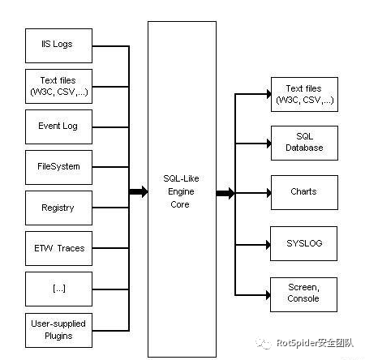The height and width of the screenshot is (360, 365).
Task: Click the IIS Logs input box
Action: coord(58,45)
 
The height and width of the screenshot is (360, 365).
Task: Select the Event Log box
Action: coord(58,126)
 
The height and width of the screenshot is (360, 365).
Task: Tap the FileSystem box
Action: coord(58,167)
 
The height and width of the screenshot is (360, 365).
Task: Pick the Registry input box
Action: coord(58,208)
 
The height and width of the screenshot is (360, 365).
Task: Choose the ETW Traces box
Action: coord(58,248)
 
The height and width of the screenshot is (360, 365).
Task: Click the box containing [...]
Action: coord(58,289)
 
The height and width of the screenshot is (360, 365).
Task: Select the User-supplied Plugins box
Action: coord(58,330)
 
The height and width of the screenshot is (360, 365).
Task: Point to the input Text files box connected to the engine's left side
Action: coord(58,86)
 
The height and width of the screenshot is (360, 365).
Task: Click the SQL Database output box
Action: coord(304,143)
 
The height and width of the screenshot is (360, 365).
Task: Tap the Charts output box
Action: coord(304,192)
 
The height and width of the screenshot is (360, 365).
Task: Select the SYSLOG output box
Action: coord(303,243)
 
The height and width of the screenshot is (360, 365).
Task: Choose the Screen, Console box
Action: coord(303,294)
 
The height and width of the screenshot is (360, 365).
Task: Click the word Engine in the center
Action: coord(181,191)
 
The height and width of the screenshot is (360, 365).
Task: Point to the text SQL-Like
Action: coord(181,178)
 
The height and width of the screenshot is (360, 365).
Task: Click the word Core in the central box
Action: coord(180,204)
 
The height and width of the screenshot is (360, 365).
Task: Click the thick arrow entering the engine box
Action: coord(139,191)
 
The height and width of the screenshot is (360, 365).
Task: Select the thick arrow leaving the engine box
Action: coord(225,193)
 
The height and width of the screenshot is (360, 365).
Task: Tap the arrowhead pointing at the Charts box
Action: coord(268,193)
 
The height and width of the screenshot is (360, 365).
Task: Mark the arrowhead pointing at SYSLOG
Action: coord(268,245)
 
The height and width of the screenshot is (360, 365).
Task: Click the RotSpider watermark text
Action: coord(315,343)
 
